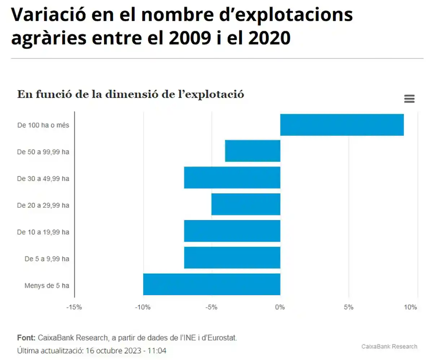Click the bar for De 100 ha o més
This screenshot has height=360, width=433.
(x=342, y=125)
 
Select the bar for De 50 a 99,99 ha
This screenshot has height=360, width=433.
(x=253, y=151)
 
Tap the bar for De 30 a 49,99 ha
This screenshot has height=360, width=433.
(x=232, y=178)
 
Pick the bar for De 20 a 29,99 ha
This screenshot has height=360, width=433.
(x=246, y=205)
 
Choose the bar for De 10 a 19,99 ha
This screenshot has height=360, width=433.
(x=232, y=231)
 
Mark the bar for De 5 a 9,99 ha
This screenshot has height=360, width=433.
(x=232, y=258)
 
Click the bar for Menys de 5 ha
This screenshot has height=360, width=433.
(x=211, y=285)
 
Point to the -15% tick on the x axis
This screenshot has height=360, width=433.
(x=74, y=307)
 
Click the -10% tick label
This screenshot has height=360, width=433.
(x=143, y=307)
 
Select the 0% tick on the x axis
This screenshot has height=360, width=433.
(x=280, y=307)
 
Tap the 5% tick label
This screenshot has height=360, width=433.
(x=349, y=307)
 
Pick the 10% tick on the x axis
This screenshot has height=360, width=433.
(x=410, y=307)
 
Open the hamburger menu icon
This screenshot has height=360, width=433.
(x=409, y=99)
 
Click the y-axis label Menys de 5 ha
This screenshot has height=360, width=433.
(x=47, y=286)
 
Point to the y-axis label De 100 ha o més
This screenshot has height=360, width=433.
(x=43, y=126)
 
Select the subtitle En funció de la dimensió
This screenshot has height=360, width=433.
(x=131, y=95)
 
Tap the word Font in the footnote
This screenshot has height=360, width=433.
(x=26, y=338)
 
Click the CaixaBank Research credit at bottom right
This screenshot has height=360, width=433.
(x=389, y=346)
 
